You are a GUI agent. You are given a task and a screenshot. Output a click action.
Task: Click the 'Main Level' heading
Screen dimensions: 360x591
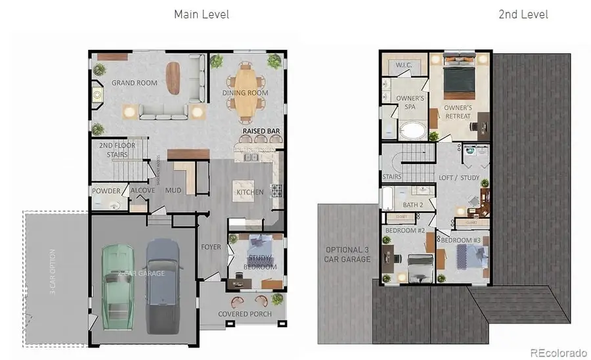[201, 14]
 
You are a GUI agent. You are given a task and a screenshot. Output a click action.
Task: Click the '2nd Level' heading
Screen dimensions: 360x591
[523, 14]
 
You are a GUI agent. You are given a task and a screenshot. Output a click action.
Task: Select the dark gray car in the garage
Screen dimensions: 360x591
[162, 284]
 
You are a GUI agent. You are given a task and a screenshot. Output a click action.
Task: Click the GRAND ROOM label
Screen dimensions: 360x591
[134, 83]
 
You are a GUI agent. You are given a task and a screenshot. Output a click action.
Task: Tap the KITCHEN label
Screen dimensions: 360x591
[250, 192]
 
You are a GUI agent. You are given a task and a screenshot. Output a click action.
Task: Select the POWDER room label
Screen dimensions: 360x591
[106, 191]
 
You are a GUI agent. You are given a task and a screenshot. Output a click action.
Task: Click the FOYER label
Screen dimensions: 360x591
[211, 248]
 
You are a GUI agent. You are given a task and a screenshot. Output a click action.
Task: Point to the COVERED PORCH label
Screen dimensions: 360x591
[245, 314]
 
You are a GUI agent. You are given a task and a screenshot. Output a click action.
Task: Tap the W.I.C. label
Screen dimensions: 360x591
[403, 66]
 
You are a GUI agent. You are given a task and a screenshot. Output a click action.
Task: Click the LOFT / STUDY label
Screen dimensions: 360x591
[459, 178]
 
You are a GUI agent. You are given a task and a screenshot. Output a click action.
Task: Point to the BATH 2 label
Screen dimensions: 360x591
[412, 205]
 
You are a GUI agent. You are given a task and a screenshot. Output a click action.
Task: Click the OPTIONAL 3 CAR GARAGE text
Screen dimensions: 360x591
[347, 254]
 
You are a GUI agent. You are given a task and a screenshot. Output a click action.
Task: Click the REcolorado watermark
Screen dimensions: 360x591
[559, 351]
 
